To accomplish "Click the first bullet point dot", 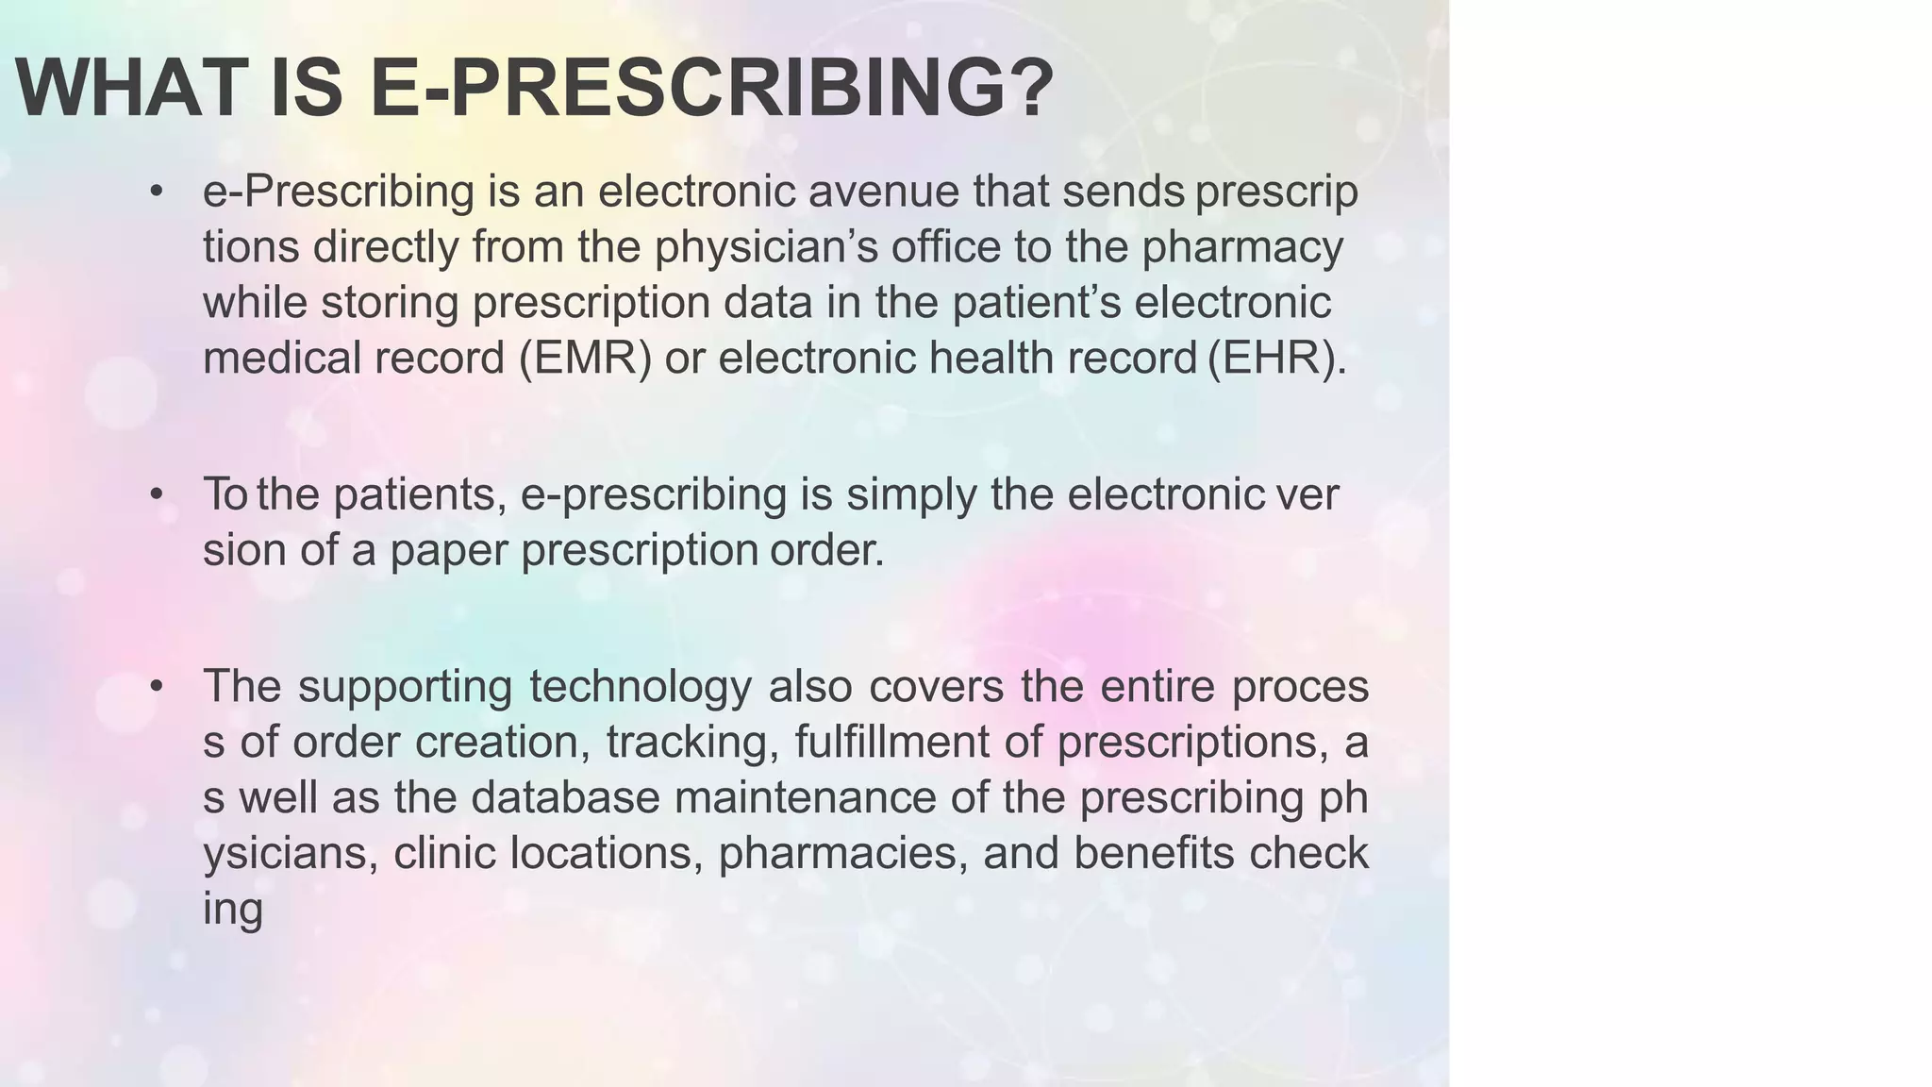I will pos(157,192).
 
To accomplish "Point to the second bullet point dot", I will pos(157,494).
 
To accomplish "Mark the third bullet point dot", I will pos(157,686).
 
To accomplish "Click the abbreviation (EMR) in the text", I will pos(585,359).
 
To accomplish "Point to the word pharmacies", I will pos(842,853).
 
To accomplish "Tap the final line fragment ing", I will pos(232,910).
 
